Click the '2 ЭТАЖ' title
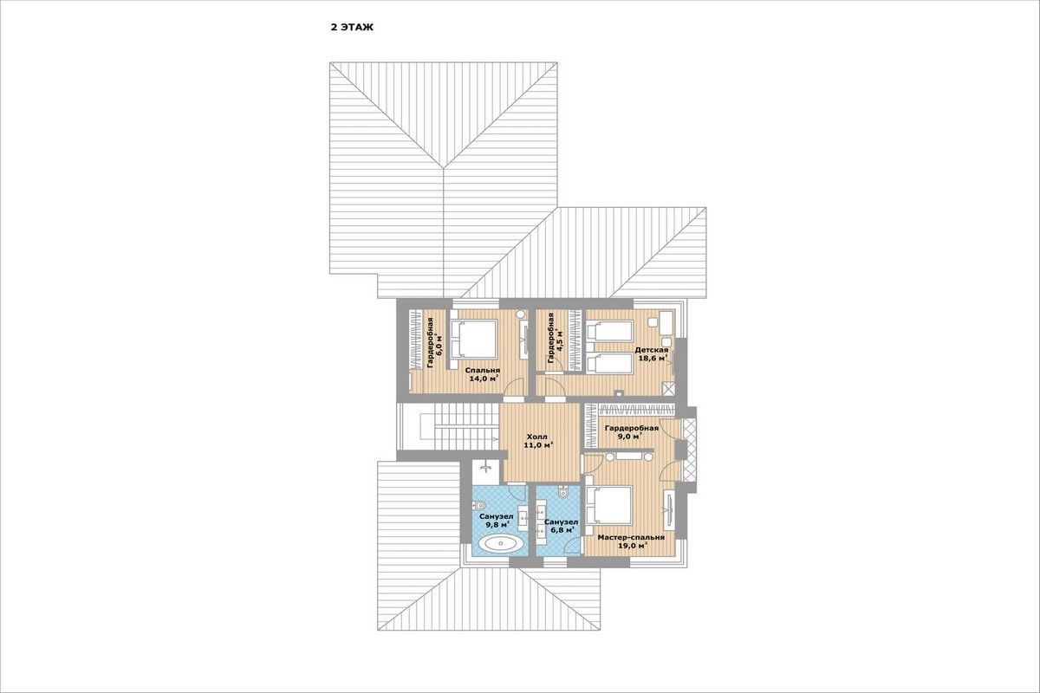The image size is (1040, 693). (x=352, y=28)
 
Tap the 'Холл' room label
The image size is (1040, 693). (x=537, y=437)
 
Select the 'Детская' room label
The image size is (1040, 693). (x=652, y=350)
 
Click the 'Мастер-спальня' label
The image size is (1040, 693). (x=631, y=537)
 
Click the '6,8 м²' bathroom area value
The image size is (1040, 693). (x=562, y=529)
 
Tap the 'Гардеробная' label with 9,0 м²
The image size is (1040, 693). (x=632, y=428)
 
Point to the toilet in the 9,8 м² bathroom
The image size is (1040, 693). (x=479, y=505)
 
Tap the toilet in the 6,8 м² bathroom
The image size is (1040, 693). (x=564, y=491)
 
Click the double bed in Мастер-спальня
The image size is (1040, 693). (x=609, y=505)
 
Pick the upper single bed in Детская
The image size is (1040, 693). (x=609, y=330)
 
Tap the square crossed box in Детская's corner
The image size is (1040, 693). (x=668, y=388)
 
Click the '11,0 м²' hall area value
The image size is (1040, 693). (x=538, y=445)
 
